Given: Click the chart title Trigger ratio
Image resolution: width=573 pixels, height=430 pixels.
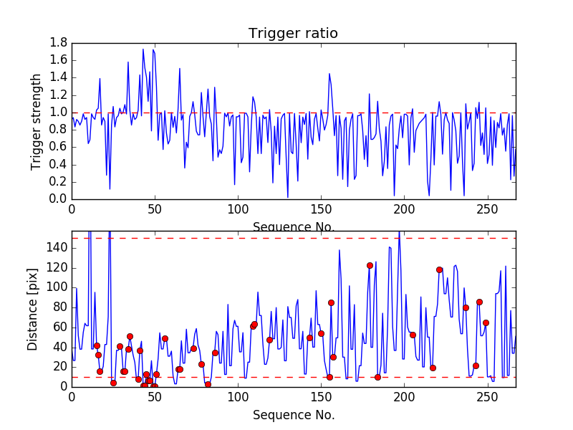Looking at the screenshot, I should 293,34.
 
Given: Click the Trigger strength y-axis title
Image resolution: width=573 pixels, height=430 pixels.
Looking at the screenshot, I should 36,121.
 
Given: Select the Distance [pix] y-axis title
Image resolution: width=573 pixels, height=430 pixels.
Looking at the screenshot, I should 33,309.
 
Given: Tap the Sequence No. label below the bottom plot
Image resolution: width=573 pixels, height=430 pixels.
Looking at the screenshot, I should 293,415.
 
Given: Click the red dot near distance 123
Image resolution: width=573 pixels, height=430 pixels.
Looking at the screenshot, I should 370,265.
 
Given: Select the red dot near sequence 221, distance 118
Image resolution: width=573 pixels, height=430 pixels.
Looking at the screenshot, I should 439,269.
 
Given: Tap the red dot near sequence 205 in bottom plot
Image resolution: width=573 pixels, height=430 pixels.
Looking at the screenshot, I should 413,335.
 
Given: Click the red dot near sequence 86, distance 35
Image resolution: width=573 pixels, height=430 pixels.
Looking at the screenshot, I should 215,353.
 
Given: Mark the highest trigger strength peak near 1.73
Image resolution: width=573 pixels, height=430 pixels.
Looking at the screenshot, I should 143,49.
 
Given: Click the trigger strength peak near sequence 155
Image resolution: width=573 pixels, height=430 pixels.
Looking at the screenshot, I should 329,73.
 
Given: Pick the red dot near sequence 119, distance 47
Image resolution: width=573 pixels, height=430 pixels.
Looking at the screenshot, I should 269,340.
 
